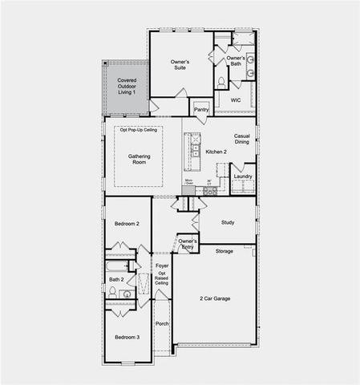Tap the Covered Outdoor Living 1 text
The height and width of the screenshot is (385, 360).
pyautogui.click(x=127, y=87)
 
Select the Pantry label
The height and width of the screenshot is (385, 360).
pyautogui.click(x=201, y=109)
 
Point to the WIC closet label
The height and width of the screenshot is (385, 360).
pyautogui.click(x=236, y=100)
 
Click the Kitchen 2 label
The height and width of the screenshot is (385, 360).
pyautogui.click(x=216, y=151)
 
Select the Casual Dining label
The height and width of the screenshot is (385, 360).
pyautogui.click(x=243, y=140)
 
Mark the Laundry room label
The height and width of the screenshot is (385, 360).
pyautogui.click(x=244, y=176)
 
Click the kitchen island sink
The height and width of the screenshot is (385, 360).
pyautogui.click(x=193, y=148)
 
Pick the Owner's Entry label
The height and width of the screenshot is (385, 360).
pyautogui.click(x=188, y=244)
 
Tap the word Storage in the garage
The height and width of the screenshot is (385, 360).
pyautogui.click(x=224, y=251)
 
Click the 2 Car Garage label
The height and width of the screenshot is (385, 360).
pyautogui.click(x=215, y=298)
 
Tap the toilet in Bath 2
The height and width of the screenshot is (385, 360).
pyautogui.click(x=114, y=292)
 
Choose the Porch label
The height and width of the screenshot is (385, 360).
pyautogui.click(x=162, y=324)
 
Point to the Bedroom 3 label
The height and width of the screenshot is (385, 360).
pyautogui.click(x=127, y=338)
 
